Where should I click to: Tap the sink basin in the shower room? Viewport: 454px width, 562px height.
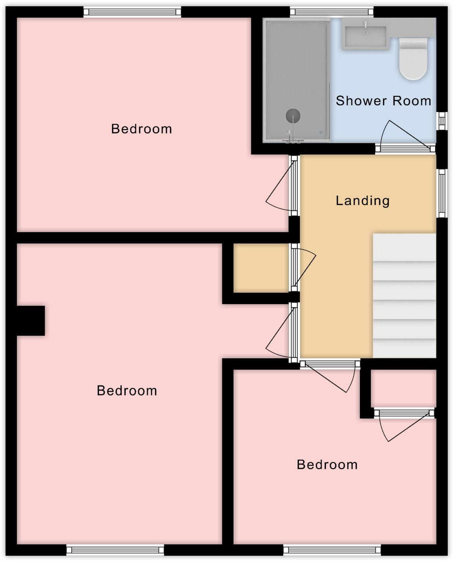coord(365,34)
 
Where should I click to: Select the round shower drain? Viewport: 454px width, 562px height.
coord(293,116)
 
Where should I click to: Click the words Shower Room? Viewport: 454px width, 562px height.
coord(383,101)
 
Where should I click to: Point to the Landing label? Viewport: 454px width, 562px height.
coord(362,201)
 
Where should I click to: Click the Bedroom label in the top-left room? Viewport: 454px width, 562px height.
coord(141,129)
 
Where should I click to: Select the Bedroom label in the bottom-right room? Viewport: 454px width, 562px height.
coord(327,465)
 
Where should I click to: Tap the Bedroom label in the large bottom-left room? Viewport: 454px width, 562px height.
coord(127,391)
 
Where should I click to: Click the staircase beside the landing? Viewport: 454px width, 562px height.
coord(404,296)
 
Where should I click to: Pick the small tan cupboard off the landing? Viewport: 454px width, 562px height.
coord(261,268)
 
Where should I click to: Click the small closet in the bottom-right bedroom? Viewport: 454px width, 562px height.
coord(403,389)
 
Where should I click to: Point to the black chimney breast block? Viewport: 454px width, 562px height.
coord(31,320)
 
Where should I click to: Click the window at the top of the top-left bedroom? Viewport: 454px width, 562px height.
coord(132,12)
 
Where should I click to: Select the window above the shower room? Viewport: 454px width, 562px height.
coord(332,12)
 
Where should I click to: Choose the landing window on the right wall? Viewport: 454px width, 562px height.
coord(441,193)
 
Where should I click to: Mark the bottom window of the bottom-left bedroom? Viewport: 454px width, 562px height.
coord(115,549)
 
